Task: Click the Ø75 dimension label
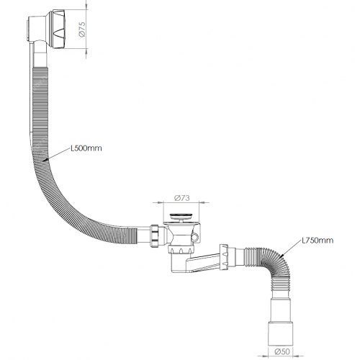pos(82,30)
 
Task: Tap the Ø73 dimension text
pos(182,198)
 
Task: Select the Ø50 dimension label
pos(282,351)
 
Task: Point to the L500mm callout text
pos(86,148)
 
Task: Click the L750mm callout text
pos(318,240)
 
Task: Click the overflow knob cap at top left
pos(58,29)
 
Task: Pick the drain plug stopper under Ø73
pos(181,217)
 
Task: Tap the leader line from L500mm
pos(57,154)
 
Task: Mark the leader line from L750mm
pos(292,248)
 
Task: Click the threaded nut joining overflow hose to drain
pos(155,235)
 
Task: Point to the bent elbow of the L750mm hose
pos(276,265)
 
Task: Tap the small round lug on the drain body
pos(194,238)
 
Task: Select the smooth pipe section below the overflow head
pos(40,55)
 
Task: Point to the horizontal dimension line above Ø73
pos(181,202)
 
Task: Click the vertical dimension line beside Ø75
pos(86,29)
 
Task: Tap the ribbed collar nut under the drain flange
pos(181,250)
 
